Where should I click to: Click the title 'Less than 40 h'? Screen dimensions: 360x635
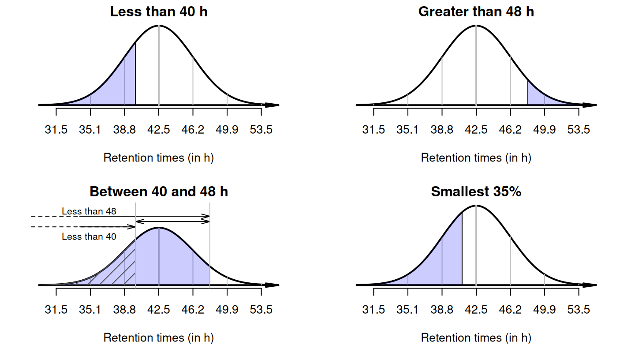(x=159, y=12)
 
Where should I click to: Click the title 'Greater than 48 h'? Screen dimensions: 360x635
(x=476, y=12)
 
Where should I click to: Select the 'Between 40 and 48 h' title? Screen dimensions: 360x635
(x=159, y=192)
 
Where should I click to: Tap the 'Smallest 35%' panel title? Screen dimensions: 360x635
(x=476, y=192)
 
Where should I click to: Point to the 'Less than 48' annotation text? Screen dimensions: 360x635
(x=89, y=211)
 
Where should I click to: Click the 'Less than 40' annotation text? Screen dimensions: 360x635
(x=89, y=237)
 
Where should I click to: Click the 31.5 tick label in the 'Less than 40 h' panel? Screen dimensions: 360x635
(x=56, y=130)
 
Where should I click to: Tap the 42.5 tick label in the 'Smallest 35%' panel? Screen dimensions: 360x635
(x=476, y=310)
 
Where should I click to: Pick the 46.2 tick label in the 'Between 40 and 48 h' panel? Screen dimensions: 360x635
(x=193, y=310)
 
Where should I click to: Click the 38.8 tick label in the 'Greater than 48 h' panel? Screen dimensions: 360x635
(x=442, y=130)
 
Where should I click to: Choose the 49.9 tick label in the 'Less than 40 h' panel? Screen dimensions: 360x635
(x=227, y=130)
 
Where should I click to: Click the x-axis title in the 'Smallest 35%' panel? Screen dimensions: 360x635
(x=476, y=338)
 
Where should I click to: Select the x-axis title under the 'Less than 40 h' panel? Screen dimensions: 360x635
(x=159, y=158)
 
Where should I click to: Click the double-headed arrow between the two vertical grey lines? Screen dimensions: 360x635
(x=172, y=221)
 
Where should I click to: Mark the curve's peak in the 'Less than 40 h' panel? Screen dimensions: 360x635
(x=159, y=26)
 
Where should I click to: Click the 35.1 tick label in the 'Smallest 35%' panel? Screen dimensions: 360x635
(x=407, y=310)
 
